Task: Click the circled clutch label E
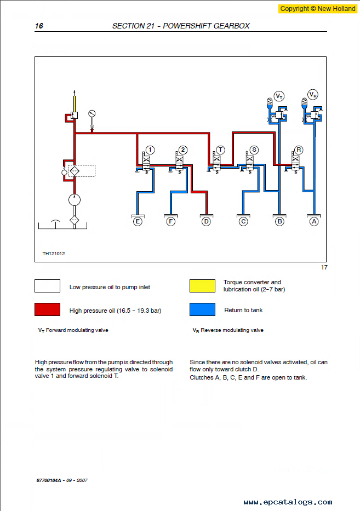[x=138, y=222]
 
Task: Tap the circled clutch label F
[x=171, y=222]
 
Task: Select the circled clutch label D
[x=206, y=222]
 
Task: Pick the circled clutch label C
[x=243, y=222]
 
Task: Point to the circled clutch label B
[x=279, y=222]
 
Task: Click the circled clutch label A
[x=314, y=222]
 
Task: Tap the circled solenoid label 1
[x=150, y=150]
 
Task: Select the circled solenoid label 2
[x=183, y=150]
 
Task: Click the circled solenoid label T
[x=220, y=150]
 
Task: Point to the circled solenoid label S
[x=254, y=150]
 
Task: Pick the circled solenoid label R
[x=298, y=150]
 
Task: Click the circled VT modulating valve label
[x=279, y=96]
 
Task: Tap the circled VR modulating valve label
[x=313, y=95]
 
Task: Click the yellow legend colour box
[x=202, y=286]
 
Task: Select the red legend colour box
[x=47, y=310]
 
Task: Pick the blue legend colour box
[x=202, y=310]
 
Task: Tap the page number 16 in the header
[x=39, y=26]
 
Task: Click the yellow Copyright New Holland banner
[x=317, y=9]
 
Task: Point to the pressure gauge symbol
[x=92, y=114]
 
